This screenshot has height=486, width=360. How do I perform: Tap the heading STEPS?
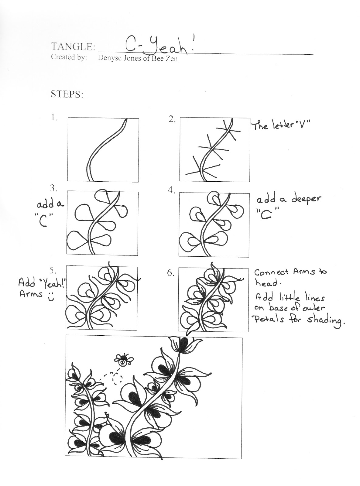(x=67, y=94)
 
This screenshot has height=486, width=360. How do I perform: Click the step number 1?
(x=54, y=118)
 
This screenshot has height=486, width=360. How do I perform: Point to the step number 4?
(x=171, y=190)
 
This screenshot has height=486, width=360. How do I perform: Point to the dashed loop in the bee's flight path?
(x=117, y=378)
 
